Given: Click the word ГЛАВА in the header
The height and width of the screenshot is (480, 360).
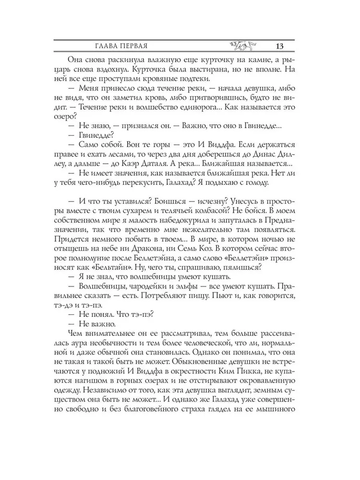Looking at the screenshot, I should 104,46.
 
